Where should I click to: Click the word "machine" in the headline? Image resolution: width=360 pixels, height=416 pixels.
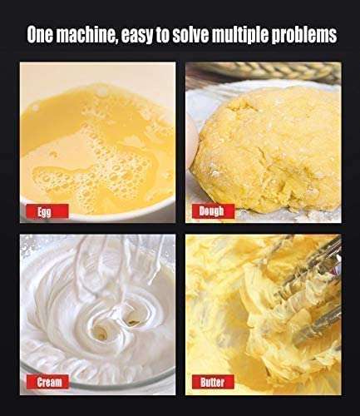tap(86, 35)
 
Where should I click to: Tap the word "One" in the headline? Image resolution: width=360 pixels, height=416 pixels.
tap(40, 35)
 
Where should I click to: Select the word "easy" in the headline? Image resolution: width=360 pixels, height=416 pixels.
tap(137, 36)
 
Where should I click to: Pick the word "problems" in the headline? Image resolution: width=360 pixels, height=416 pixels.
tap(304, 36)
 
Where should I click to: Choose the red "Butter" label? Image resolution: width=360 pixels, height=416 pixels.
tap(212, 382)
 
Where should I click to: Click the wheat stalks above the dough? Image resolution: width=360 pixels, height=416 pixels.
tap(264, 71)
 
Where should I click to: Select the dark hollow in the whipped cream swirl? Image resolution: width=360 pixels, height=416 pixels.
tap(132, 321)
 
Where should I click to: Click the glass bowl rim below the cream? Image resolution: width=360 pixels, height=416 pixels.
tap(97, 380)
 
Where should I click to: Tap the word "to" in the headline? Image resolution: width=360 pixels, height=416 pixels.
tap(163, 35)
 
